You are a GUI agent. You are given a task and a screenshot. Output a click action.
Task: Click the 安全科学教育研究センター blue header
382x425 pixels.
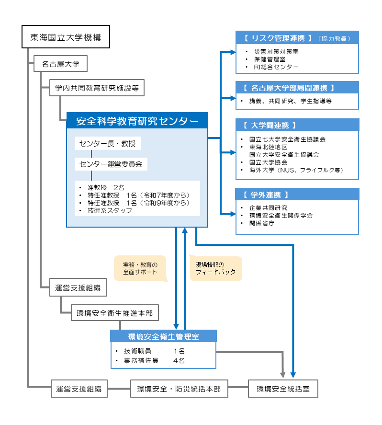click(137, 121)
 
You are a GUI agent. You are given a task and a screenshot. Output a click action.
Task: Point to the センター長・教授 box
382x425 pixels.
click(108, 144)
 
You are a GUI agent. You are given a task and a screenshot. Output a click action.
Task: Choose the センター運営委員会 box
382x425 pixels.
click(111, 164)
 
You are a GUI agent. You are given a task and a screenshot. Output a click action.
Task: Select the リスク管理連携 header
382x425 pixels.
click(297, 38)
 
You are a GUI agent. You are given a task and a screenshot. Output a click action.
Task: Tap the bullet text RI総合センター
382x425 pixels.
click(277, 67)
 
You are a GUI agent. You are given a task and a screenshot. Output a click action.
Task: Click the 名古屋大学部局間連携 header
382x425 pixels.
click(297, 88)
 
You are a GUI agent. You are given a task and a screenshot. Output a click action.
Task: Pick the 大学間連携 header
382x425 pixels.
click(297, 125)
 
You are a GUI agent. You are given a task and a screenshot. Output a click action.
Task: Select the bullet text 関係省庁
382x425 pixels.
click(262, 223)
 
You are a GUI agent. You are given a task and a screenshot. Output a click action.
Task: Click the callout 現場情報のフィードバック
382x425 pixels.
click(216, 268)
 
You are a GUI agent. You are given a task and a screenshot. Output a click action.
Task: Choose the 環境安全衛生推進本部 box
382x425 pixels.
click(114, 314)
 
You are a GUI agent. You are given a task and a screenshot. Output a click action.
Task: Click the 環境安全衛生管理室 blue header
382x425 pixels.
click(164, 336)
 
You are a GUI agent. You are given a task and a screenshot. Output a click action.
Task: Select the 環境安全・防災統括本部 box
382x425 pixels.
click(179, 389)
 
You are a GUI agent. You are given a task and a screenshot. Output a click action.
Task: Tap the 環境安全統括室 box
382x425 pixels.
click(283, 389)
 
